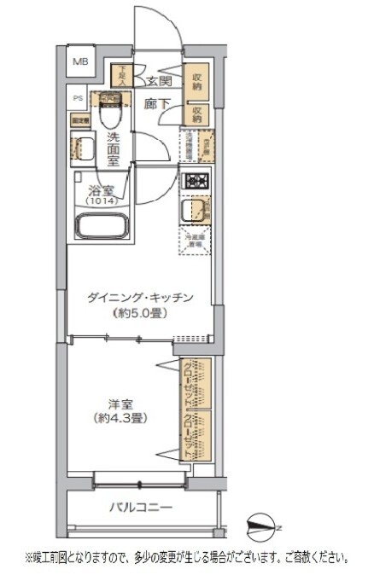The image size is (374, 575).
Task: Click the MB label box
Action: [x=79, y=61]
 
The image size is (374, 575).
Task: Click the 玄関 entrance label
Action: [x=159, y=82]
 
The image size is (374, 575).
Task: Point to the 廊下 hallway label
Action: [x=156, y=103]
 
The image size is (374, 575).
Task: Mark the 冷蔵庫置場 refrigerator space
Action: [x=196, y=241]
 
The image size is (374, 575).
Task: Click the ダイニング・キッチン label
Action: [x=143, y=298]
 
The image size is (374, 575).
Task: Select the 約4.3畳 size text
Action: [x=117, y=419]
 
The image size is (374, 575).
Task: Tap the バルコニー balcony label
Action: [x=141, y=508]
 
